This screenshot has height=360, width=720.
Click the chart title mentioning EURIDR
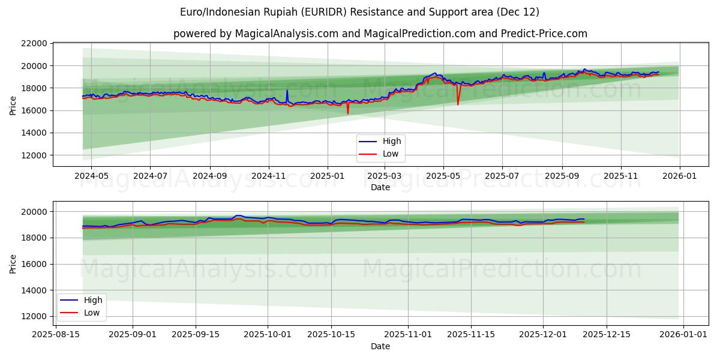359,12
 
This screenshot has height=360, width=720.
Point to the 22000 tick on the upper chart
35,43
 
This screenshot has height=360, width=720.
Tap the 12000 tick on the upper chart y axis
35,155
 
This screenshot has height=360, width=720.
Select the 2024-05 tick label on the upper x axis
91,176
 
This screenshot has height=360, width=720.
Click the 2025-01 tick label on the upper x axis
327,176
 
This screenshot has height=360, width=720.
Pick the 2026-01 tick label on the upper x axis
679,176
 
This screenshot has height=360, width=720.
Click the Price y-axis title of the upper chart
13,104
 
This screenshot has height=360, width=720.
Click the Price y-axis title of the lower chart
13,263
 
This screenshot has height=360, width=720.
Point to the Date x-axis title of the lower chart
380,346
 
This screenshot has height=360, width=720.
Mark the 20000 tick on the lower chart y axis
35,212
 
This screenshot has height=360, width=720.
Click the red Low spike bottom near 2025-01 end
347,114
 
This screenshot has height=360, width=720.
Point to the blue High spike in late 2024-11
287,91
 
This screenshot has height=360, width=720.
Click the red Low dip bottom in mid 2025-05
458,105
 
